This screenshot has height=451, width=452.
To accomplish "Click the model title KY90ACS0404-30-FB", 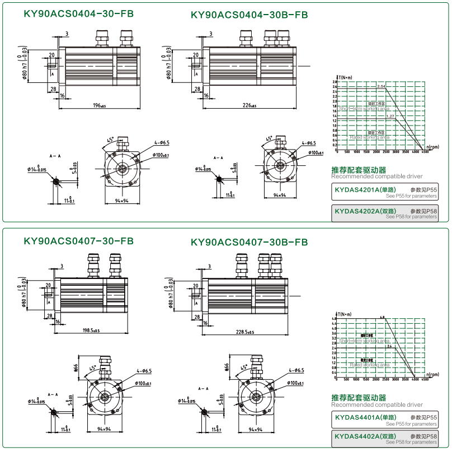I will click(x=79, y=15).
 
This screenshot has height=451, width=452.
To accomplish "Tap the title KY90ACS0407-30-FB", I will click(x=79, y=241).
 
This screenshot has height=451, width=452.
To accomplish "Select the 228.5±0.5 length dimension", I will click(x=246, y=332).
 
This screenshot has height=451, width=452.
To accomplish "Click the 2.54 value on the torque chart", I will click(x=382, y=86).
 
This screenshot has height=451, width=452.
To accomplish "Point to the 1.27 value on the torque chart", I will click(x=390, y=116).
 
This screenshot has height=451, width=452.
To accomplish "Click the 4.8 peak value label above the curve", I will click(x=382, y=318).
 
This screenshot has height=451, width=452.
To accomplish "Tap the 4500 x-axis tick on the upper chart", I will click(x=425, y=152).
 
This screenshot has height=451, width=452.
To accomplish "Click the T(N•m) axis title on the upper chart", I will click(x=345, y=77).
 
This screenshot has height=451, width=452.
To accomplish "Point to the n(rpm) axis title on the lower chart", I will click(x=431, y=374).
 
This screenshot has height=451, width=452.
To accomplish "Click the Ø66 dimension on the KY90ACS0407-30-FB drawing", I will click(x=76, y=368).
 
